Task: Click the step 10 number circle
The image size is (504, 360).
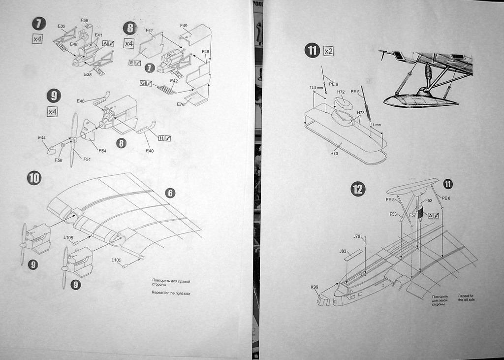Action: pyautogui.click(x=34, y=178)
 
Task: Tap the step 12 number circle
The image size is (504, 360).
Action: pyautogui.click(x=357, y=189)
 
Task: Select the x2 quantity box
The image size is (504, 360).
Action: pyautogui.click(x=328, y=51)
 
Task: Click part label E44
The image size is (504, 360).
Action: pyautogui.click(x=42, y=138)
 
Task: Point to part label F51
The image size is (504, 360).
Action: pyautogui.click(x=87, y=159)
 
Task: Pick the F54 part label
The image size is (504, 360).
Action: pyautogui.click(x=102, y=151)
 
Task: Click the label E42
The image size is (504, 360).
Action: pyautogui.click(x=174, y=81)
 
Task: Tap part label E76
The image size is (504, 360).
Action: pyautogui.click(x=181, y=104)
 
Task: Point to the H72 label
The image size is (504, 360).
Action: pyautogui.click(x=341, y=92)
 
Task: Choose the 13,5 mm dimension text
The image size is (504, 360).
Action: pyautogui.click(x=316, y=88)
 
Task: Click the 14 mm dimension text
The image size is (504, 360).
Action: pyautogui.click(x=376, y=125)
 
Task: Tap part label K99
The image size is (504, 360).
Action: pyautogui.click(x=314, y=287)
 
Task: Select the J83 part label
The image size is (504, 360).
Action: pyautogui.click(x=343, y=251)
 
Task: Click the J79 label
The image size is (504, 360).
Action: pyautogui.click(x=357, y=236)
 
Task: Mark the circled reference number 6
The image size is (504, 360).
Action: pyautogui.click(x=170, y=193)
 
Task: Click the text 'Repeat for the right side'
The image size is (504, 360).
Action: pyautogui.click(x=171, y=294)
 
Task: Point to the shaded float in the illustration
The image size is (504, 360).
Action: pyautogui.click(x=421, y=100)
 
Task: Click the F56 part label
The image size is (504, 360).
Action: pyautogui.click(x=59, y=161)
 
